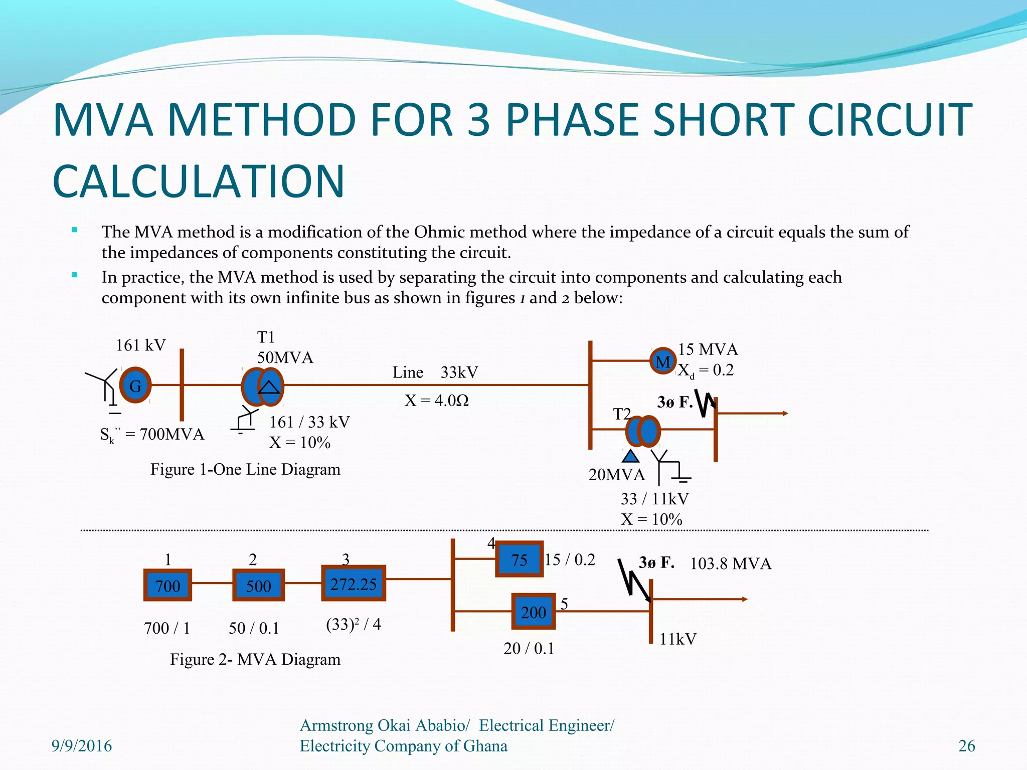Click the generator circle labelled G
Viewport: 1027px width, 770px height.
pyautogui.click(x=135, y=385)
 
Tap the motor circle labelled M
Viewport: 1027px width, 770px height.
pyautogui.click(x=663, y=361)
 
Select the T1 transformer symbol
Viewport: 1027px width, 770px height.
pyautogui.click(x=262, y=387)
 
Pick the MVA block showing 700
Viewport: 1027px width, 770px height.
pyautogui.click(x=167, y=585)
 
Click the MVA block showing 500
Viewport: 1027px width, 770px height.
pyautogui.click(x=258, y=585)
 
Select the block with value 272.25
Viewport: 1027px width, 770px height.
pyautogui.click(x=354, y=584)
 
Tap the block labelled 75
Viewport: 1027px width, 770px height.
pyautogui.click(x=520, y=559)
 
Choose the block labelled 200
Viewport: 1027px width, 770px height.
pyautogui.click(x=533, y=612)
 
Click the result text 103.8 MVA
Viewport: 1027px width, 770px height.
pyautogui.click(x=730, y=563)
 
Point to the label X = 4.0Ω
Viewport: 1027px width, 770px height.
pyautogui.click(x=436, y=401)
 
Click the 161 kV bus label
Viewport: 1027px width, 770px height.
pyautogui.click(x=140, y=345)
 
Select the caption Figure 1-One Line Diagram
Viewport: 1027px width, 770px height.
pyautogui.click(x=245, y=469)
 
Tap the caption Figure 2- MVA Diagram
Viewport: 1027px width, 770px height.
pyautogui.click(x=255, y=659)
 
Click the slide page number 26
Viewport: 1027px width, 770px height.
pyautogui.click(x=966, y=746)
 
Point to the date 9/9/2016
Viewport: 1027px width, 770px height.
pyautogui.click(x=82, y=746)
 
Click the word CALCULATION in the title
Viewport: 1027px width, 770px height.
pyautogui.click(x=199, y=181)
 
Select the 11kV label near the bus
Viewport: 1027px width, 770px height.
pyautogui.click(x=677, y=639)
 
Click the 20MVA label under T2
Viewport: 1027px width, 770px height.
pyautogui.click(x=616, y=474)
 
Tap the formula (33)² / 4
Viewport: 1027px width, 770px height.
pyautogui.click(x=353, y=624)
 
